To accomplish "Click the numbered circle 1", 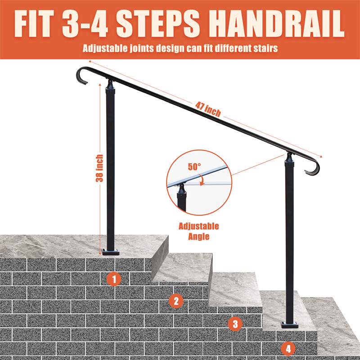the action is [114, 279].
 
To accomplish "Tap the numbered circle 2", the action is [176, 301].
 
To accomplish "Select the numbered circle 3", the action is [235, 324].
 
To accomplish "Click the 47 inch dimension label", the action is [208, 109].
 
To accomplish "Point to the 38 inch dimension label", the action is [99, 168].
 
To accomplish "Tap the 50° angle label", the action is [194, 166].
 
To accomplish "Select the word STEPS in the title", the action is [158, 23].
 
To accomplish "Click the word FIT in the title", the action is [34, 23].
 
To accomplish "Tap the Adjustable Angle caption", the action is [199, 231].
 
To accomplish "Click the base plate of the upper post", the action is [111, 252].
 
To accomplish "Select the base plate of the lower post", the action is [289, 324].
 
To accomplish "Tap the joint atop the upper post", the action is [110, 85].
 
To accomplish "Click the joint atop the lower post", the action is [289, 157].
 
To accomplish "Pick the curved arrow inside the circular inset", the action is [202, 180].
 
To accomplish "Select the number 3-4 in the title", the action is [85, 23].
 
